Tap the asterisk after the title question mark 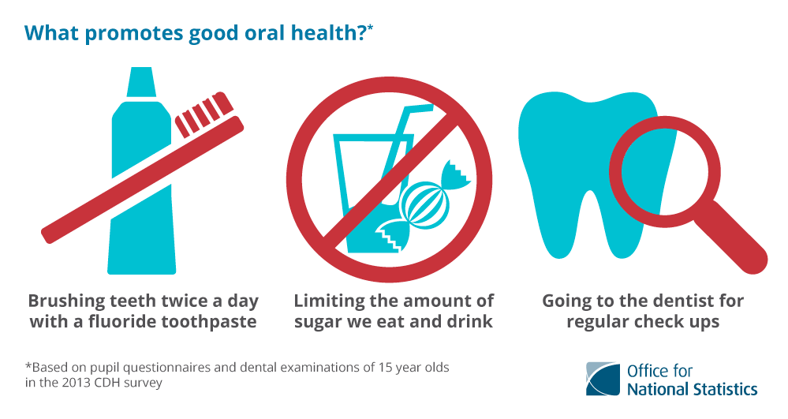[370, 27]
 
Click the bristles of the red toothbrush [204, 114]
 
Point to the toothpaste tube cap [141, 81]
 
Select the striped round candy [424, 204]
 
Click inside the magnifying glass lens [664, 171]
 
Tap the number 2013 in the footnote [77, 383]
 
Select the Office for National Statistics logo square [603, 379]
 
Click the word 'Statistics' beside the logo [725, 389]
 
